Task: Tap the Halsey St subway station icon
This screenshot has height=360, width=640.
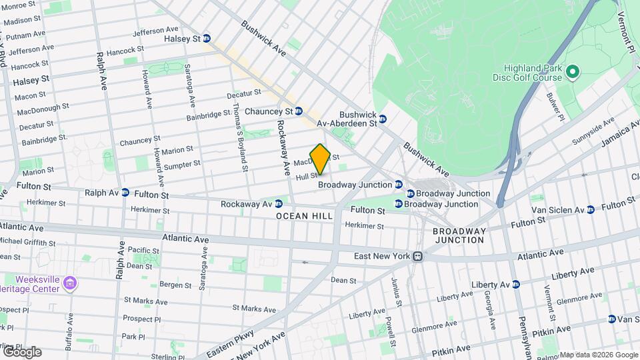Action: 207,39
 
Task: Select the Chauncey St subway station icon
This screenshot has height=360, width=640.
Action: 299,111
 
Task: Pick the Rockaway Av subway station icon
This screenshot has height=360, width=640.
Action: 279,203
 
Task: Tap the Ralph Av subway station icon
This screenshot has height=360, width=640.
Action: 125,193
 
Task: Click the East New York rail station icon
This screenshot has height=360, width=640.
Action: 417,255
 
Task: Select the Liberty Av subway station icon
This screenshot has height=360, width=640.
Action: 515,285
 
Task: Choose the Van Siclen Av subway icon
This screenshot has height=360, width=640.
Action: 590,210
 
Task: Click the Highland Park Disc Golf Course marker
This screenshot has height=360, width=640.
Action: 571,71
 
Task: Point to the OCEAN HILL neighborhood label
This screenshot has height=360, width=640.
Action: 304,217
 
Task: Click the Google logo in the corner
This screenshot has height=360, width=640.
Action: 21,351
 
